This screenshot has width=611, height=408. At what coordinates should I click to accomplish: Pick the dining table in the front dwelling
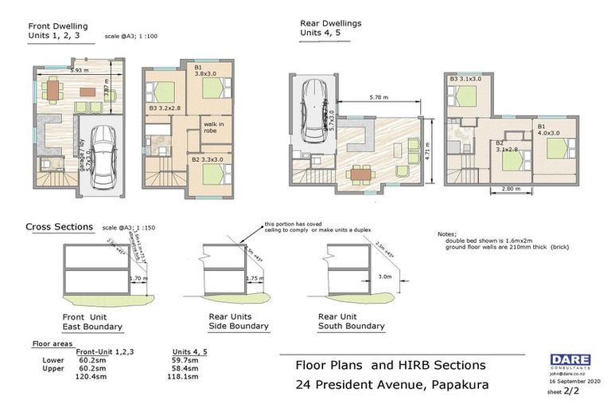point(53,89)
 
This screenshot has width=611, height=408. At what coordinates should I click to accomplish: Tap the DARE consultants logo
point(568,360)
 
